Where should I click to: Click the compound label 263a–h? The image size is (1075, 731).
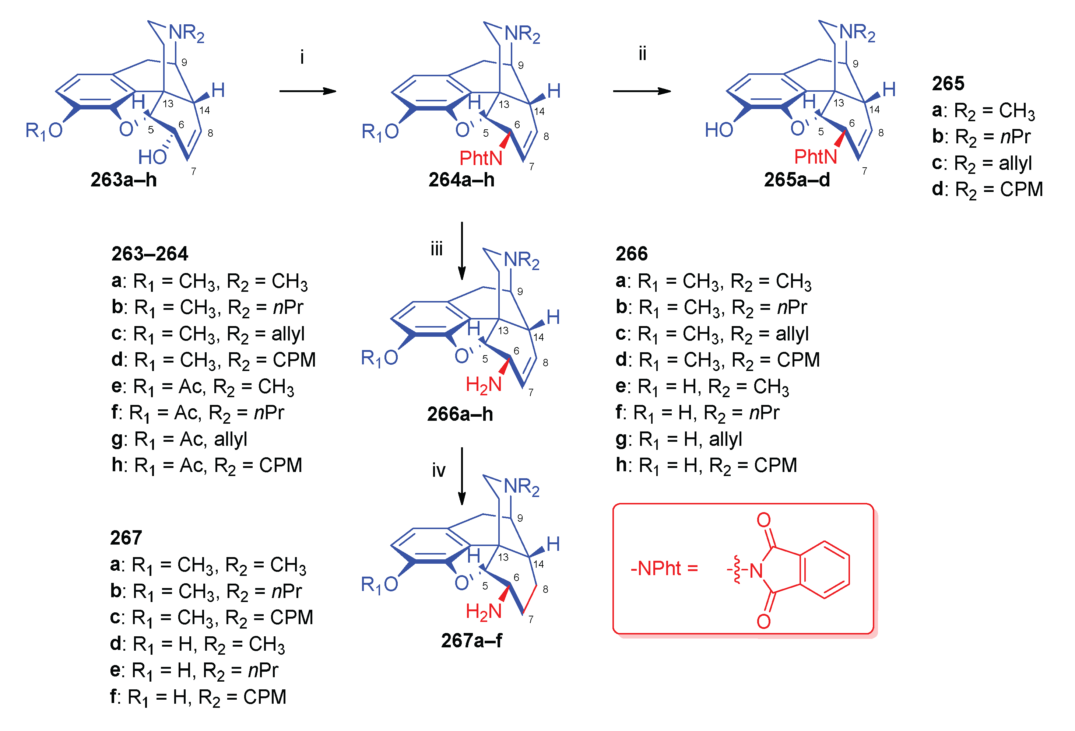(123, 180)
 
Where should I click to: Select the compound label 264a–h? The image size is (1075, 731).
(461, 180)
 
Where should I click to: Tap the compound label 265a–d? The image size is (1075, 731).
(797, 180)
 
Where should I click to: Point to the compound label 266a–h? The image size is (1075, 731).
(460, 414)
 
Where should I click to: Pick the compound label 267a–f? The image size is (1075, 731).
(471, 641)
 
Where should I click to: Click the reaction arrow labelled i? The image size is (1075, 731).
(308, 91)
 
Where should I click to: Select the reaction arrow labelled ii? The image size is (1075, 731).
(642, 91)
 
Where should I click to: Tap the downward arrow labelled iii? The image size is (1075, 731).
(462, 251)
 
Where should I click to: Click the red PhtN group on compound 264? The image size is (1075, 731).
(481, 158)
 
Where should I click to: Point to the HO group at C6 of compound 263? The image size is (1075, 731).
(152, 157)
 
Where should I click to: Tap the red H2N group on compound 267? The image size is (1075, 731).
(484, 612)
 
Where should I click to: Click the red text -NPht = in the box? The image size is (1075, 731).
(664, 569)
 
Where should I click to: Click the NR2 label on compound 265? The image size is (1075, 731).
(857, 33)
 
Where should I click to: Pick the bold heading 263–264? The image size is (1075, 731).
(150, 253)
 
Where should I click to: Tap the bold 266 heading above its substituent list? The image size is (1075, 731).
(631, 253)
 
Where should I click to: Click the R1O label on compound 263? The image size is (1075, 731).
(44, 131)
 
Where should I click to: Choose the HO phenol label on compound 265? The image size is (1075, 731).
(719, 130)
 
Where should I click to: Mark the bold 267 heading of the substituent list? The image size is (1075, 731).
(126, 538)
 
